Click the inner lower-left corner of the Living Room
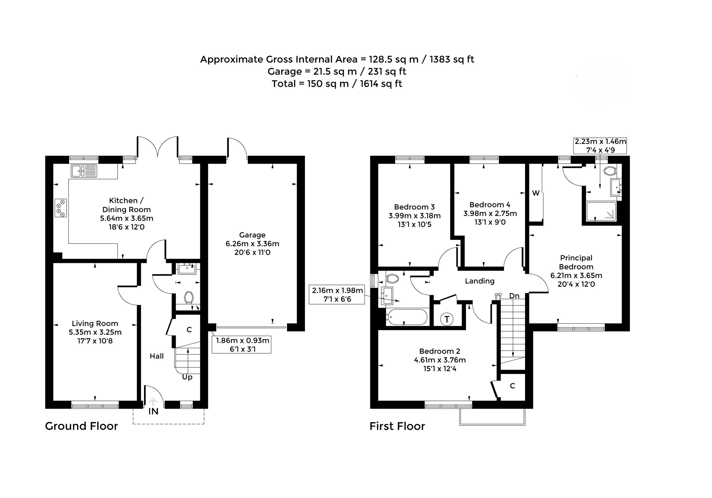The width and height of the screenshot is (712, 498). point(53,401)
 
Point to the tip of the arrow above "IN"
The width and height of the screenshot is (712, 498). point(153,399)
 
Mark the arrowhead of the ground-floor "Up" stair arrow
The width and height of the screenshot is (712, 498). point(188,350)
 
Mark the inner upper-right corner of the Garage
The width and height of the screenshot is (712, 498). point(297,164)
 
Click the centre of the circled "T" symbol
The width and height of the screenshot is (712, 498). point(447,319)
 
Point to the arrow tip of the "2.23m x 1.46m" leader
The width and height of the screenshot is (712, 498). point(600,188)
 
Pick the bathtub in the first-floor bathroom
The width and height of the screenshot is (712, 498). point(407,317)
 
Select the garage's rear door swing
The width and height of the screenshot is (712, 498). point(238,148)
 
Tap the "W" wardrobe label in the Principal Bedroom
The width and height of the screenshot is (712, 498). point(536,193)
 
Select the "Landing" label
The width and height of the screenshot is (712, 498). point(480,281)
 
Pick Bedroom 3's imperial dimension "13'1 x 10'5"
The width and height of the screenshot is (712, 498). point(415,224)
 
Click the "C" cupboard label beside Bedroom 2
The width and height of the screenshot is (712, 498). point(513,386)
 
